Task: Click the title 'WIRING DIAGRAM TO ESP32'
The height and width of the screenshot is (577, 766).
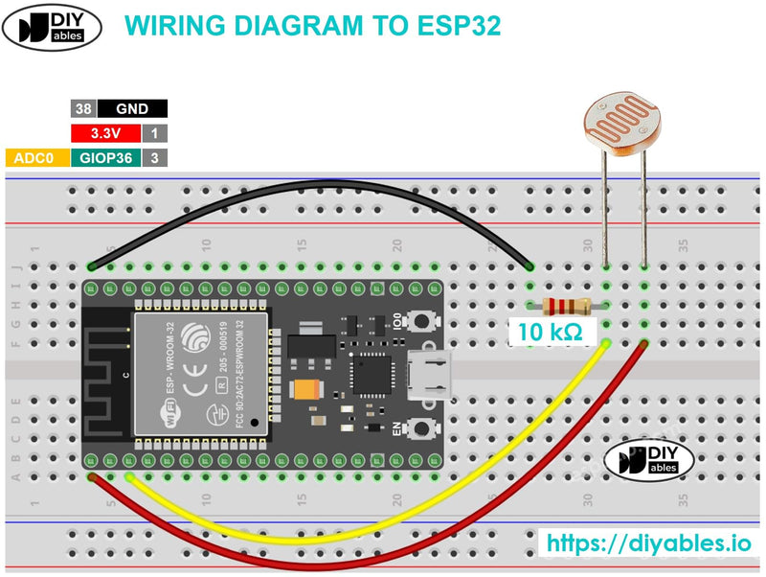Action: (313, 26)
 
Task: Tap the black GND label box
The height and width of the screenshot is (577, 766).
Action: (132, 109)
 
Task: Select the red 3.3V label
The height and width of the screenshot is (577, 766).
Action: (105, 133)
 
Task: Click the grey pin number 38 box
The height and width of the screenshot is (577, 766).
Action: (82, 109)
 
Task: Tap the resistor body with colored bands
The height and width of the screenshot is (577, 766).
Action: (564, 306)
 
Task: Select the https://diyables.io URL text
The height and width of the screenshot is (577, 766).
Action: (648, 542)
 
